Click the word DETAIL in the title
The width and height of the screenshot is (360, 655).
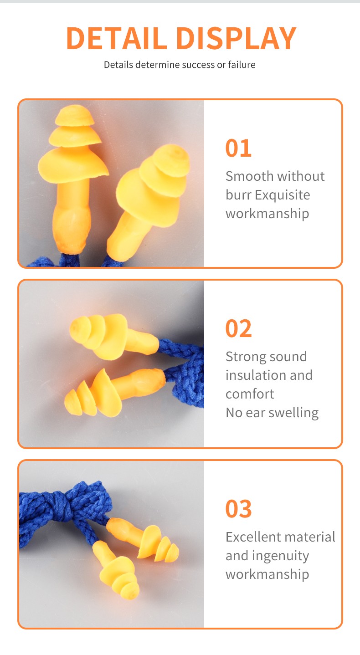pyautogui.click(x=117, y=38)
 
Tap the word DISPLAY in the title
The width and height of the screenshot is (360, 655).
pyautogui.click(x=237, y=38)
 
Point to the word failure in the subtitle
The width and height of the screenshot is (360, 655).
pyautogui.click(x=242, y=65)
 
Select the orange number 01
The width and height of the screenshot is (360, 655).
pyautogui.click(x=238, y=148)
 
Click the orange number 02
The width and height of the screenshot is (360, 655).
pyautogui.click(x=238, y=328)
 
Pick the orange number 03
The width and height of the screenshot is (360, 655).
pyautogui.click(x=238, y=509)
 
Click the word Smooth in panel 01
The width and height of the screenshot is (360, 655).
pyautogui.click(x=249, y=176)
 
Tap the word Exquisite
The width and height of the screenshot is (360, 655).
pyautogui.click(x=282, y=195)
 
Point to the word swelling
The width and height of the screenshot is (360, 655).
pyautogui.click(x=293, y=413)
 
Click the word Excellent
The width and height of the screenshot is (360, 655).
pyautogui.click(x=253, y=537)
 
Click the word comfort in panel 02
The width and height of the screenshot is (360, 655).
pyautogui.click(x=250, y=394)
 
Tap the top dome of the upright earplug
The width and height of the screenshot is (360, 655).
pyautogui.click(x=75, y=116)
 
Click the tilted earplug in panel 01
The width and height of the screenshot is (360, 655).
pyautogui.click(x=148, y=202)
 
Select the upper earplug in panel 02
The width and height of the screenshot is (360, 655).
pyautogui.click(x=114, y=336)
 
